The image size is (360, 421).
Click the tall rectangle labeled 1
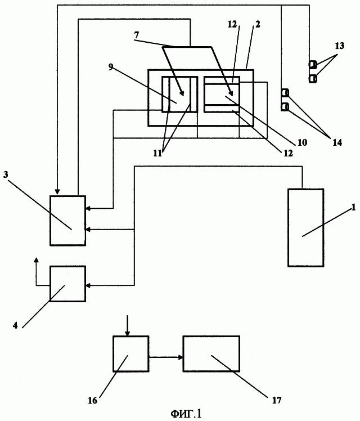click(x=305, y=227)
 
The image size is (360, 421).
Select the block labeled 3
click(x=67, y=221)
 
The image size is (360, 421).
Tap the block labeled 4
click(x=67, y=284)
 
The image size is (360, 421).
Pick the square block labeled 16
click(x=130, y=353)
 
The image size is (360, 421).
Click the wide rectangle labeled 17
click(x=211, y=353)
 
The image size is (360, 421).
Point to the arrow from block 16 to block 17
click(x=166, y=356)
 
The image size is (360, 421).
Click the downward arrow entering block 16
click(x=128, y=326)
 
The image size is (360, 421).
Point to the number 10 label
click(x=303, y=143)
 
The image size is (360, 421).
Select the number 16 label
click(x=93, y=400)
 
